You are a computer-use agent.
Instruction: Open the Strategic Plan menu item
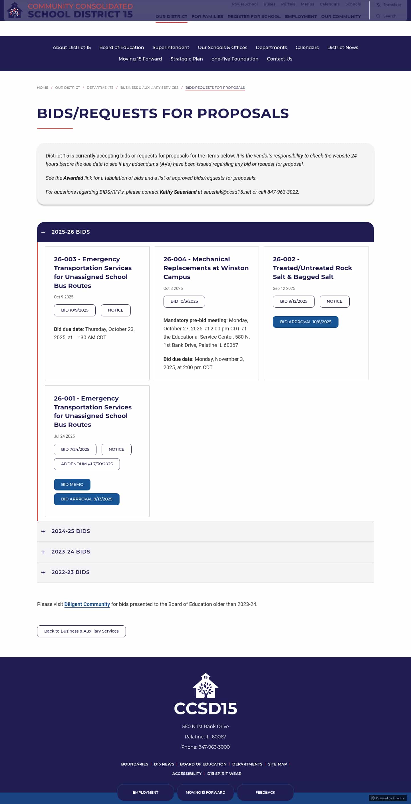(186, 59)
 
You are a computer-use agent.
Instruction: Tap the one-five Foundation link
(235, 59)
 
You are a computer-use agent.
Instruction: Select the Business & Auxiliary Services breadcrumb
(149, 88)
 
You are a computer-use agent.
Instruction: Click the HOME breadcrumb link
(43, 88)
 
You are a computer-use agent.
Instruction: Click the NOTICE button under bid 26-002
(334, 302)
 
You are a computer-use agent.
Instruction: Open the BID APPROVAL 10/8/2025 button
(305, 322)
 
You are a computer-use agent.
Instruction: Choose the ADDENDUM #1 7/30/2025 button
(86, 464)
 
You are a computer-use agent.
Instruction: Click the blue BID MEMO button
(72, 485)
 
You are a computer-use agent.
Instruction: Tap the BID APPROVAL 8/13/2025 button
(86, 499)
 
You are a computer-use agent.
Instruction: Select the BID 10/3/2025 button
(184, 302)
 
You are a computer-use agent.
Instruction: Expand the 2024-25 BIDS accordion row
(70, 531)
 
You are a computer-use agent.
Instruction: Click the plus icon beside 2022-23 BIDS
(43, 572)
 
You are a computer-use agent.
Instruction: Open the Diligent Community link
(87, 604)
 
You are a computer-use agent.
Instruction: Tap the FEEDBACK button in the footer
(265, 793)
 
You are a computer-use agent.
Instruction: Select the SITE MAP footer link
(277, 764)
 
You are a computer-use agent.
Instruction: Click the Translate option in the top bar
(392, 5)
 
